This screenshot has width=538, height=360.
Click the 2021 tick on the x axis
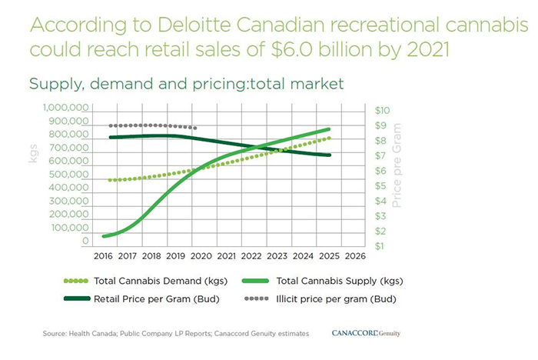click(x=226, y=255)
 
